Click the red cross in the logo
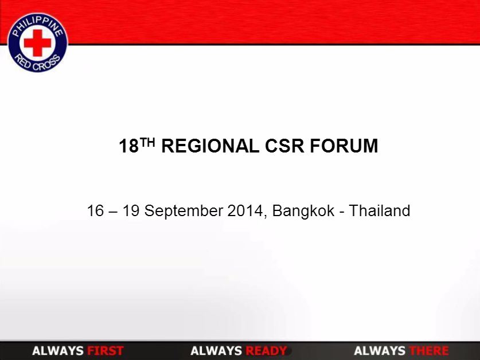point(37,43)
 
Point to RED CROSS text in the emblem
point(38,62)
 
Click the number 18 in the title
point(128,146)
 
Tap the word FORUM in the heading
point(344,146)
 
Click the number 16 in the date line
point(96,210)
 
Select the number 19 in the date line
point(131,210)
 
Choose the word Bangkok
point(303,210)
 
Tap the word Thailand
point(380,210)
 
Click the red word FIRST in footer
point(106,350)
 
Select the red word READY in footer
point(266,350)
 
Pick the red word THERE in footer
point(429,350)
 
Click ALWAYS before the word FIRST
point(58,350)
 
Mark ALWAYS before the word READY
point(216,350)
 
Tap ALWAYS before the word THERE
point(380,350)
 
